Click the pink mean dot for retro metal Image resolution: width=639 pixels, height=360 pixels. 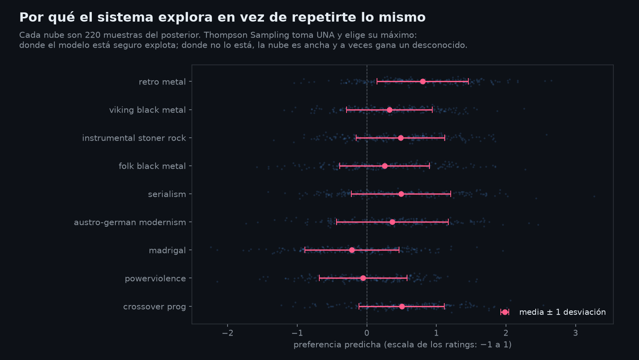coord(423,82)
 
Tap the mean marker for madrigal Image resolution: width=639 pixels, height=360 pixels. coord(352,250)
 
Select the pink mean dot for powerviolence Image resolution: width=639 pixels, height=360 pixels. coord(363,278)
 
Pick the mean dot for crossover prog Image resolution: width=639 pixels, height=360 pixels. coord(402,307)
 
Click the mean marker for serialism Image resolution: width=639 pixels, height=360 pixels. coord(401,194)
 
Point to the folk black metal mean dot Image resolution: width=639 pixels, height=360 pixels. coord(385,166)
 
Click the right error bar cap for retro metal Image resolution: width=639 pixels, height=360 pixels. coord(468,82)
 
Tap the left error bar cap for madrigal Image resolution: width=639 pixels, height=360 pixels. coord(305,250)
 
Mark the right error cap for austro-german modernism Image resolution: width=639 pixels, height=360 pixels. coord(448,222)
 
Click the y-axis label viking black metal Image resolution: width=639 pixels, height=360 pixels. coord(147,110)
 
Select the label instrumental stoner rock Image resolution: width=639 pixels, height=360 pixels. coord(134,138)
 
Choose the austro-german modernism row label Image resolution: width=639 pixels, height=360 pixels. coord(130,222)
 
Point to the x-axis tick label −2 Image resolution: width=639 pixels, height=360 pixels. coord(228,333)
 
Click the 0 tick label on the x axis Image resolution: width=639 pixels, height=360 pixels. coord(367,333)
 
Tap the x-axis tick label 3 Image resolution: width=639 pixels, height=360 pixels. coord(575,333)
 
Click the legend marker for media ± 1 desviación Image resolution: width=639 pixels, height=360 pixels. coord(505,312)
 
